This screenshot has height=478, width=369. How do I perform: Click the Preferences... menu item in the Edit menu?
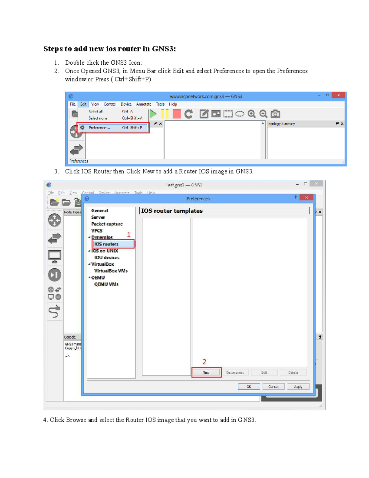pos(99,127)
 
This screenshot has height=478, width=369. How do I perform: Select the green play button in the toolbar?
pos(153,114)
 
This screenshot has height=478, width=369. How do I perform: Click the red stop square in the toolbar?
pos(177,114)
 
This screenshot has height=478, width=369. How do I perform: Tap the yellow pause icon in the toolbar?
pos(165,114)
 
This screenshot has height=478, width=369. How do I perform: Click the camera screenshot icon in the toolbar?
pos(275,114)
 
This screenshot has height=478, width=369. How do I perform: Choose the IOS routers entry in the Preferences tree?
pos(106,244)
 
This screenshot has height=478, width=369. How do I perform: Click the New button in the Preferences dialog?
pos(206,372)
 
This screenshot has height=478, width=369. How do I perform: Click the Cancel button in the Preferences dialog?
pos(273,387)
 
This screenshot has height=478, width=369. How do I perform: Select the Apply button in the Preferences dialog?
pos(298,387)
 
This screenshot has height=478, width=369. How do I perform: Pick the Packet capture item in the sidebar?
pos(107,224)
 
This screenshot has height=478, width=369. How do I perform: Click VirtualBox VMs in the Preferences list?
pos(111,271)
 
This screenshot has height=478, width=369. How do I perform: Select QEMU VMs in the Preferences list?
pos(106,284)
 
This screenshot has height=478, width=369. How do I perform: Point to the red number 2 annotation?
pos(204,362)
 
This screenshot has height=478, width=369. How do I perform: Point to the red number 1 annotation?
pos(129,235)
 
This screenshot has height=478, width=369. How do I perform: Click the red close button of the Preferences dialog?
pos(306,198)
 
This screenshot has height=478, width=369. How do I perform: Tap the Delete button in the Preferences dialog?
pos(293,372)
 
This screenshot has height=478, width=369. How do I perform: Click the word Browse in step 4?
pos(76,420)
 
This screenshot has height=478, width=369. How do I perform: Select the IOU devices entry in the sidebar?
pos(107,258)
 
